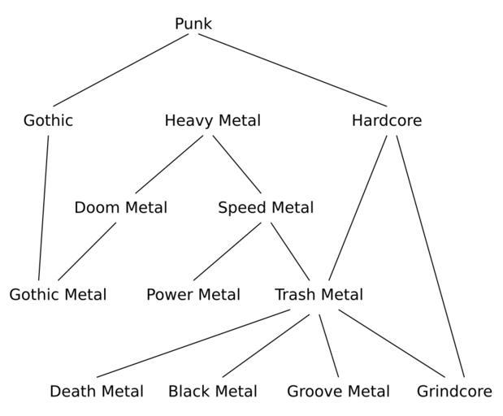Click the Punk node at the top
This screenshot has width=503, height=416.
[193, 24]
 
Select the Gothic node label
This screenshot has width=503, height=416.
[48, 121]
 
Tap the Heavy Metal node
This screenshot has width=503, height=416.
[212, 121]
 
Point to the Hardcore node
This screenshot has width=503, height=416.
[387, 121]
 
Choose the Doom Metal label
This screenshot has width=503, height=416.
[120, 208]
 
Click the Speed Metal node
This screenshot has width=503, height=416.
[266, 208]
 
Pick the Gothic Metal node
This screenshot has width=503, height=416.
[58, 295]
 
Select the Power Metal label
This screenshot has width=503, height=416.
[193, 295]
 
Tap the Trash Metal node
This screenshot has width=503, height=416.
[319, 295]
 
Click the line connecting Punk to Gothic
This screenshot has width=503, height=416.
[120, 71]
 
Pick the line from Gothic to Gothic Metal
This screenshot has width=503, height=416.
[43, 208]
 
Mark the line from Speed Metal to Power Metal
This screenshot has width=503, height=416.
[227, 251]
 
